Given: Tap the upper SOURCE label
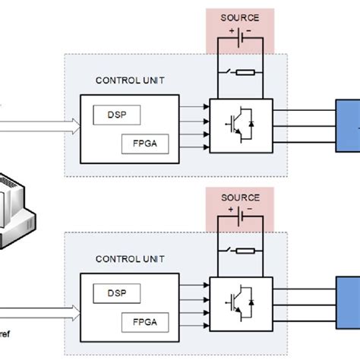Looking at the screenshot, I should [x=239, y=17].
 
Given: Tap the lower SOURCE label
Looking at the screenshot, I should [x=239, y=197].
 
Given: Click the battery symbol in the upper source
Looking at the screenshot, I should [x=240, y=37].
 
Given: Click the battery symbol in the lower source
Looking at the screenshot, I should [x=240, y=217].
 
